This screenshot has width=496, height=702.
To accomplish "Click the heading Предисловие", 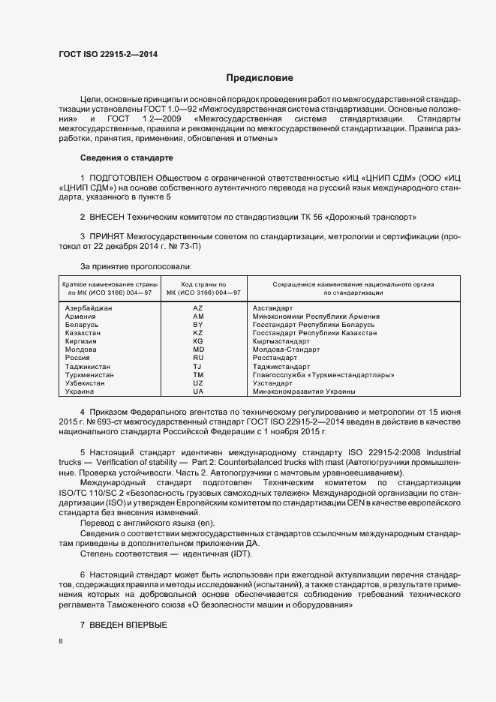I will pos(260,78).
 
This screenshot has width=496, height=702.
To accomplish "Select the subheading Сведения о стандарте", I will pos(126,157).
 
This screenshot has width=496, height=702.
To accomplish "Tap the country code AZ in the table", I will pos(198,308).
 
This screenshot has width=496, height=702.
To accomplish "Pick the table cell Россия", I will pos(79,358).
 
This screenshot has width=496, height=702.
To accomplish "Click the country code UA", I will pos(198,391).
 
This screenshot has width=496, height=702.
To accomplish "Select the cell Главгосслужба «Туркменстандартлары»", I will pos(323,374).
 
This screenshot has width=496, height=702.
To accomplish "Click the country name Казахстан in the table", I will pos(83,333).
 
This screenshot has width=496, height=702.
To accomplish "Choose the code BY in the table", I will pos(198,325).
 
